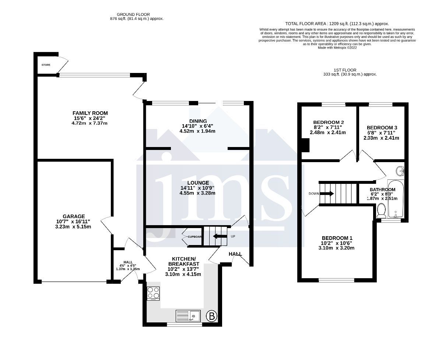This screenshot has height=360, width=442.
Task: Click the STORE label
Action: (46, 65)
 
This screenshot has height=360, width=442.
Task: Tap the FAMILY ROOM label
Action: (90, 113)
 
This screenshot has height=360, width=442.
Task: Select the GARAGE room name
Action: (74, 216)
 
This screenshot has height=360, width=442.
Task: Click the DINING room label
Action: (198, 121)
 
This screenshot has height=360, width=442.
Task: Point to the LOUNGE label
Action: (198, 183)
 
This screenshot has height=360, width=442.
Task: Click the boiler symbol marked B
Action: (211, 316)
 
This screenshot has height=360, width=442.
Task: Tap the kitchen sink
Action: (188, 316)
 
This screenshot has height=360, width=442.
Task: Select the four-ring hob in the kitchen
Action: (153, 293)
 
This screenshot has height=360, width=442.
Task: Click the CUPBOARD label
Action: (195, 237)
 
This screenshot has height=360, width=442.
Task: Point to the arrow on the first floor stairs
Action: (328, 193)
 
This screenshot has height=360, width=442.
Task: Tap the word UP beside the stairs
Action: (233, 236)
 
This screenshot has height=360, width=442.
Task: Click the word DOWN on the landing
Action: (314, 193)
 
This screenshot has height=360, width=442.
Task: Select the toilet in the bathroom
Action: (382, 211)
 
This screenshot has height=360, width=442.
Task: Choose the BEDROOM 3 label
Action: (382, 127)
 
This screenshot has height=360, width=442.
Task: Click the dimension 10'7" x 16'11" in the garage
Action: (74, 221)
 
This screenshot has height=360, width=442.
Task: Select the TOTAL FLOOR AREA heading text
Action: (337, 24)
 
